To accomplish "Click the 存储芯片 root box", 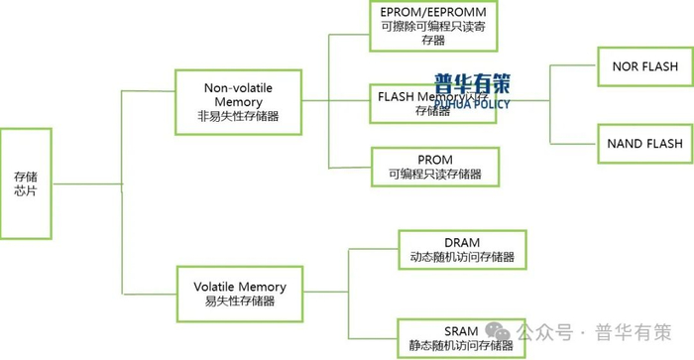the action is [26, 182].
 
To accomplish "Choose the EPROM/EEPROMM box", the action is [432, 27].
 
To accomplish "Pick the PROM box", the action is [435, 167].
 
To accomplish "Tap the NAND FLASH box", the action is [644, 144].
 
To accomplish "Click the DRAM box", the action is [462, 250].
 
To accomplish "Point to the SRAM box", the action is [462, 338].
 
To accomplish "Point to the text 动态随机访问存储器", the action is [462, 257].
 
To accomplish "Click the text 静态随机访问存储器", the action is [462, 346].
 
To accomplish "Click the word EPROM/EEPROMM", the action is [432, 12].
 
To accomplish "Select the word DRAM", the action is [462, 242].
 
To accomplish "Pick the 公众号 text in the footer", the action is [546, 331].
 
